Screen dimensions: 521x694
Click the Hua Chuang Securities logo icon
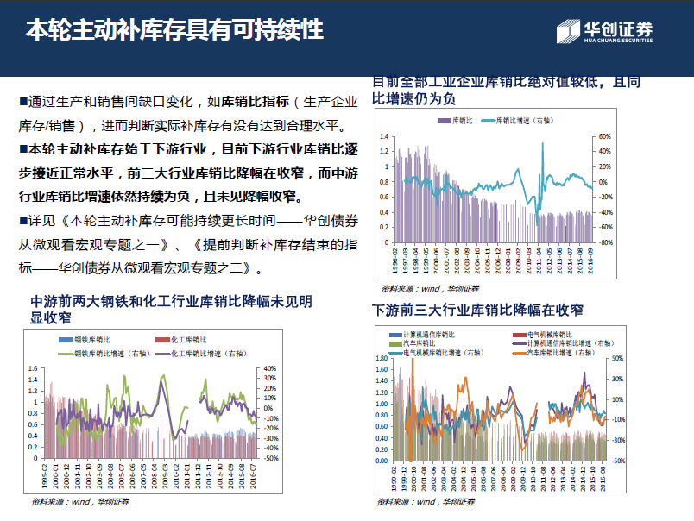click(x=567, y=32)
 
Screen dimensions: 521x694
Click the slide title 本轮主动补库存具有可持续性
click(x=174, y=32)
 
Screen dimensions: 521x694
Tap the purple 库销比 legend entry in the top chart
click(x=453, y=120)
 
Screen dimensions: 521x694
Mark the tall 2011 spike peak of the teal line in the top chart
click(x=543, y=144)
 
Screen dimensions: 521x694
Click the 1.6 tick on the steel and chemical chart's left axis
click(x=34, y=369)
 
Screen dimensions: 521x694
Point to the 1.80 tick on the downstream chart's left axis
click(x=382, y=357)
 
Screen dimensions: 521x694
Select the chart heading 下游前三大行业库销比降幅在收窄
click(x=477, y=310)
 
